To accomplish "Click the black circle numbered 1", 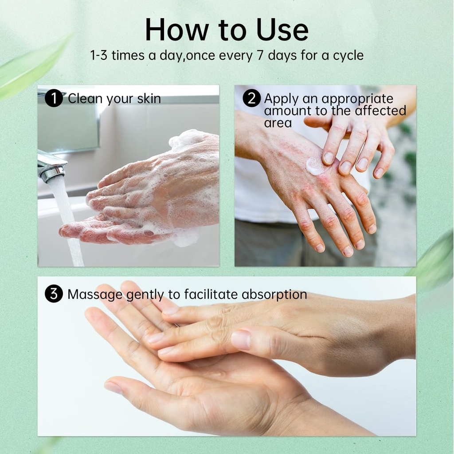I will (x=54, y=98).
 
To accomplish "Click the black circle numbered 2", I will (x=251, y=98).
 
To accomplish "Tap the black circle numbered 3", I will (x=54, y=294).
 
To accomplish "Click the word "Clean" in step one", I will (x=85, y=98).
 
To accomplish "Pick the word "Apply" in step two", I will (x=282, y=99).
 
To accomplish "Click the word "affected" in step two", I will (x=380, y=110).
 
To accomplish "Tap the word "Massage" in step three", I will (x=95, y=294).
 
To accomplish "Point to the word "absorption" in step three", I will (x=274, y=295).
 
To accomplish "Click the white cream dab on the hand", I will (x=314, y=166).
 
